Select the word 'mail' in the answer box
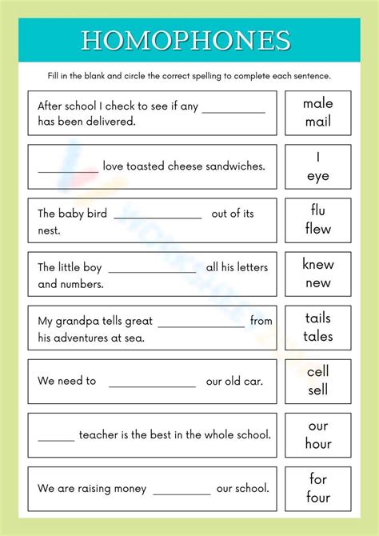317,122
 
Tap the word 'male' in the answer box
317,103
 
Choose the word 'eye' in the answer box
317,175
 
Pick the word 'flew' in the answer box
317,229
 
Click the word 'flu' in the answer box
317,210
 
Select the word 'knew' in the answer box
317,264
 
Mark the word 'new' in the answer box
317,282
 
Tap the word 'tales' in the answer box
317,336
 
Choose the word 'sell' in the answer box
317,390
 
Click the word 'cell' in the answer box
317,371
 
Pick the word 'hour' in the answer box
317,443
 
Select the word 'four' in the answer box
317,497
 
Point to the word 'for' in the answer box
317,478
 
